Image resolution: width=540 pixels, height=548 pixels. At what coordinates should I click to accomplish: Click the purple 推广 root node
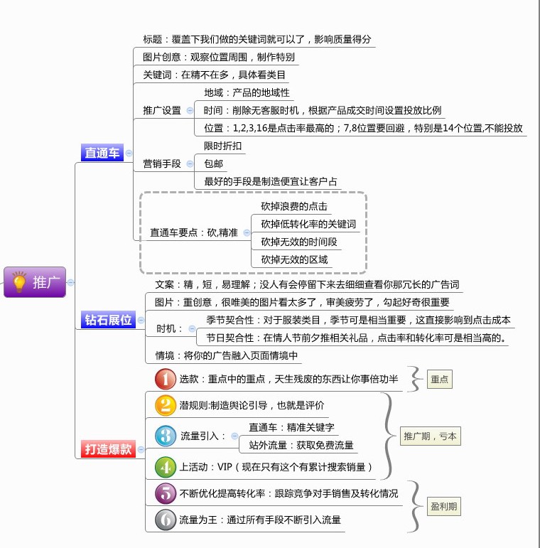[x=35, y=282]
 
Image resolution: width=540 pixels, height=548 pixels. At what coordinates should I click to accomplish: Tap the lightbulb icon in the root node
[x=19, y=281]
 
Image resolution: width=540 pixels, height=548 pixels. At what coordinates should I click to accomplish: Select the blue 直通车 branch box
[x=102, y=153]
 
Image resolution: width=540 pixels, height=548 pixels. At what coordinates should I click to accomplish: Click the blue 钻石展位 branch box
[x=108, y=319]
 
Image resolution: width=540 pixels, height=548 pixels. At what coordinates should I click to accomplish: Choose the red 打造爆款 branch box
[x=108, y=448]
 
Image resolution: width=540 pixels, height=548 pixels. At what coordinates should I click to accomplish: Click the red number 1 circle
[x=166, y=379]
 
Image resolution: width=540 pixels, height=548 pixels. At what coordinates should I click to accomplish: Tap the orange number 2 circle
[x=166, y=405]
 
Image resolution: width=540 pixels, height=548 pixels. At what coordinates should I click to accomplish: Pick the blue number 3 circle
[x=166, y=436]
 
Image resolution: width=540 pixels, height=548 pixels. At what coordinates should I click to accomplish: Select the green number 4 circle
[x=166, y=467]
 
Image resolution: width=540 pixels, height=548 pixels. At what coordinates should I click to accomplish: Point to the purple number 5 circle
[x=166, y=493]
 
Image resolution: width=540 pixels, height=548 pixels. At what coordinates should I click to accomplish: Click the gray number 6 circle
[x=166, y=520]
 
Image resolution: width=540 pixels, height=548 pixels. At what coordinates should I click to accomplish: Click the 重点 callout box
[x=439, y=380]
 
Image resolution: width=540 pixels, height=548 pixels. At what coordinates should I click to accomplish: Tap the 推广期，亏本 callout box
[x=430, y=436]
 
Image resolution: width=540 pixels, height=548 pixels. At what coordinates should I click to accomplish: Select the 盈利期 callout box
[x=443, y=506]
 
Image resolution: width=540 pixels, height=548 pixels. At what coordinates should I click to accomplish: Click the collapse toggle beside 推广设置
[x=190, y=110]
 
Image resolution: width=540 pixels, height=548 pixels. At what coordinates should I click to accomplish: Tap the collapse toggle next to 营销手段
[x=190, y=163]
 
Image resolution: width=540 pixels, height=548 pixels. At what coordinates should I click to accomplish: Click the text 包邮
[x=213, y=163]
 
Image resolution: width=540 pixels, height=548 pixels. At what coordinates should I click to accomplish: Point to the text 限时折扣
[x=223, y=146]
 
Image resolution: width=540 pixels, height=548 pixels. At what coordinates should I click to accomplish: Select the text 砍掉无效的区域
[x=294, y=259]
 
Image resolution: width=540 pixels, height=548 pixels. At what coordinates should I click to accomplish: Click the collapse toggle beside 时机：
[x=192, y=328]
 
